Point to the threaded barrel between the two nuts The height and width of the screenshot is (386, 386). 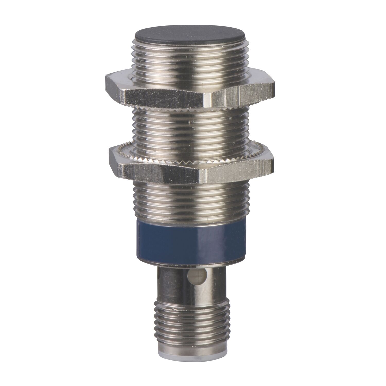[192, 129]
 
